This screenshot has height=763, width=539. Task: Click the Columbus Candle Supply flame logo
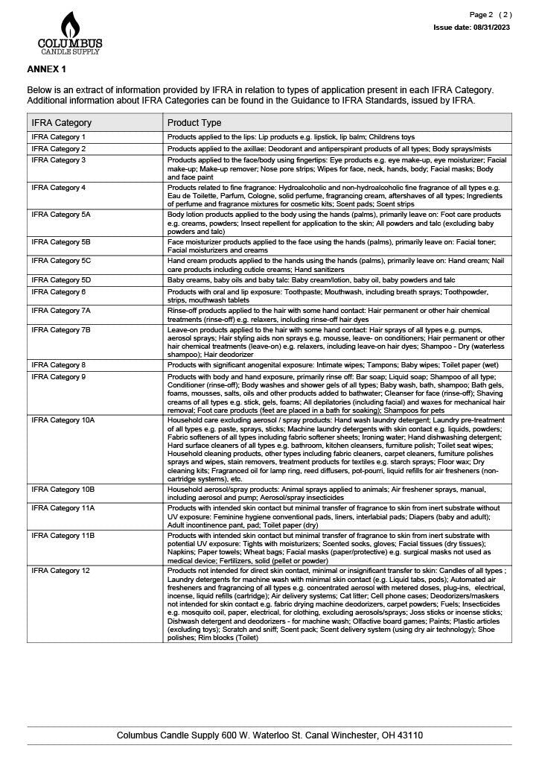[70, 32]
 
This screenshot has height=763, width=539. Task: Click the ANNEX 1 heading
[47, 69]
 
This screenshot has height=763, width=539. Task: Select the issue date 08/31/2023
[472, 27]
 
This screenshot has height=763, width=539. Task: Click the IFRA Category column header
[62, 123]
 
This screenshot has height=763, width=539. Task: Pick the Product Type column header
[194, 123]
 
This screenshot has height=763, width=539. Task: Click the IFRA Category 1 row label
[59, 137]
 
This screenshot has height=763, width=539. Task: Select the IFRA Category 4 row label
[59, 187]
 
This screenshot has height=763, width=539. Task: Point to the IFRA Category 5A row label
[61, 215]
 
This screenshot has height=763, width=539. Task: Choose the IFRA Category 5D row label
[61, 280]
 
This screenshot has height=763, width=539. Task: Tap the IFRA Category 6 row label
[59, 291]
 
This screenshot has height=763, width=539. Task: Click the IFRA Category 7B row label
[61, 329]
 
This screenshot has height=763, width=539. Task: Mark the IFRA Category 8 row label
[59, 365]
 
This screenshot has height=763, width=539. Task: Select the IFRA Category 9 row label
[59, 377]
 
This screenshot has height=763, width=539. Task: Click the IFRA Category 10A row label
[63, 420]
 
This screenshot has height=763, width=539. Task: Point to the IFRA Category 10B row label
[63, 489]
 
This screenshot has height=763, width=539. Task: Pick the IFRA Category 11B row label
[63, 535]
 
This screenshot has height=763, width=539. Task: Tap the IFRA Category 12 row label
[61, 570]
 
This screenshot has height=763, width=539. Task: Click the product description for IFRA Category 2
[329, 149]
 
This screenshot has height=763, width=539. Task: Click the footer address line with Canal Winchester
[269, 735]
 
